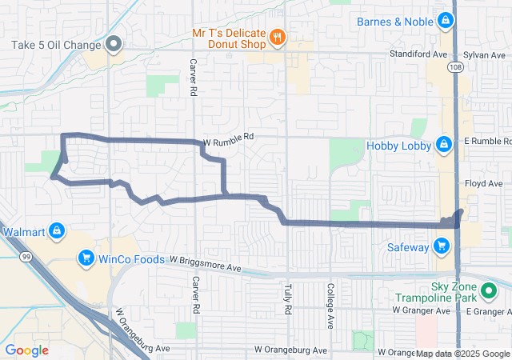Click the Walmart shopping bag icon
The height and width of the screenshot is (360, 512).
point(57,232)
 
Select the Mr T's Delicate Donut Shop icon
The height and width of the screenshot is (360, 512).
point(277,36)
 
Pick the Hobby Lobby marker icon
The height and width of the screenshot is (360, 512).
point(442,145)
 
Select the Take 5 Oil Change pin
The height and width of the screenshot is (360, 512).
point(114,44)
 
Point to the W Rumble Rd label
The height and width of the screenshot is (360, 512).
point(228,137)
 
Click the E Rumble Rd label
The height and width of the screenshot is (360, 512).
point(487,141)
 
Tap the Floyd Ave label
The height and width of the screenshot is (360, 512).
point(483,183)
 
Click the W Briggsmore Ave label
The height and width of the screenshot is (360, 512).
point(205,262)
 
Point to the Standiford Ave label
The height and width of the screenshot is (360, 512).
point(417,54)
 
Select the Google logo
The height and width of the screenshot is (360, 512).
point(26,350)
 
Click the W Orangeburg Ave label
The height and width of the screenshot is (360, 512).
point(290,350)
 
